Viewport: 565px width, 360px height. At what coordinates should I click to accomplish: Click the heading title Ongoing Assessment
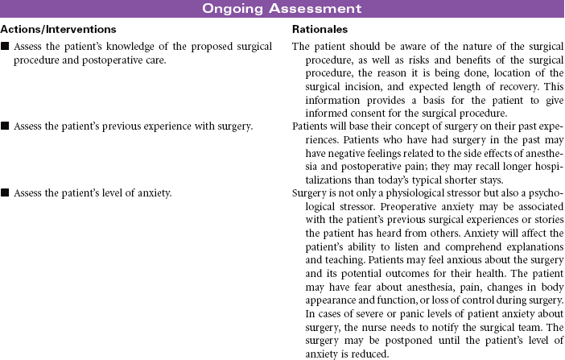click(282, 9)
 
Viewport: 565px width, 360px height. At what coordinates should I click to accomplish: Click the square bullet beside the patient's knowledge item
click(6, 47)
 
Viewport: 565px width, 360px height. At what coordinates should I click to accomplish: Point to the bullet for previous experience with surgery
click(6, 126)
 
